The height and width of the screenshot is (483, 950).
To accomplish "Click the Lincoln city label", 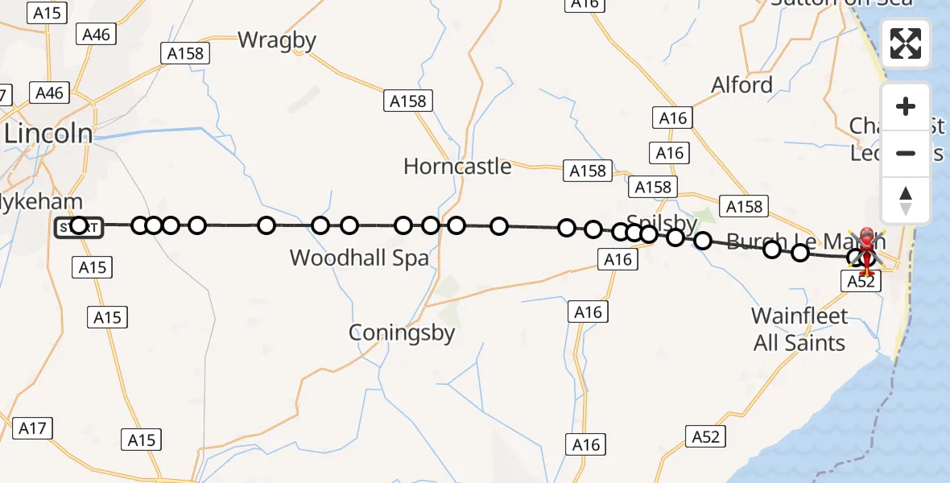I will coord(48,134).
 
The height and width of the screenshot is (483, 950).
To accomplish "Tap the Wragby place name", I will coord(276,39).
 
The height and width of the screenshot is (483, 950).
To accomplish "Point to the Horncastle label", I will coord(457,167).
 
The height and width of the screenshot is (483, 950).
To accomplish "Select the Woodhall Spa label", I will coord(359,258).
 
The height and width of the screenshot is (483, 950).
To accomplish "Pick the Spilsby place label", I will coord(662,221).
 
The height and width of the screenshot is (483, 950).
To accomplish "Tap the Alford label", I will coord(741,85).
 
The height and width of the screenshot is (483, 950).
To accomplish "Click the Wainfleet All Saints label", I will coord(799,329).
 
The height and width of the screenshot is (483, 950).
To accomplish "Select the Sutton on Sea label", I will coord(841,2).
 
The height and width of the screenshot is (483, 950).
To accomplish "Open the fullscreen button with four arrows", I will coord(906,43).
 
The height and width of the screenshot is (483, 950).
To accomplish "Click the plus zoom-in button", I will coord(906,106).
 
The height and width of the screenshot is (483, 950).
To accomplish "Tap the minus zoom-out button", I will coord(906,153).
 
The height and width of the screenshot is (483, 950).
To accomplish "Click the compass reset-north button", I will coord(906,200).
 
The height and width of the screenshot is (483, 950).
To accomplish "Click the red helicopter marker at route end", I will coord(867,246).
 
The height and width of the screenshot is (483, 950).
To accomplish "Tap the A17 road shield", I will coord(32,428).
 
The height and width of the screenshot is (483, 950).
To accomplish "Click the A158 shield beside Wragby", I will coord(185,53).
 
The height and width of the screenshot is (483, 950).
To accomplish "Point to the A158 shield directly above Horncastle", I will coord(408,101).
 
